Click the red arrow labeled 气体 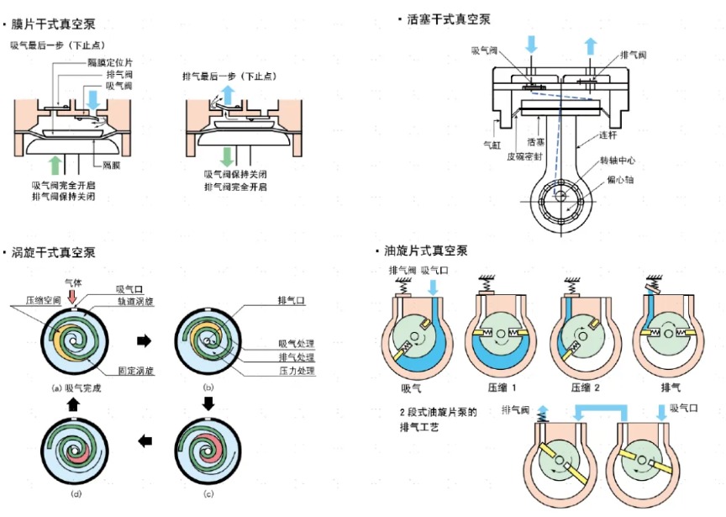pyautogui.click(x=74, y=296)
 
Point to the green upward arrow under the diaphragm pyautogui.click(x=56, y=164)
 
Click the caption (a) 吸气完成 pyautogui.click(x=75, y=387)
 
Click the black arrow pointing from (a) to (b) pyautogui.click(x=144, y=340)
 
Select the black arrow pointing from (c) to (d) pyautogui.click(x=144, y=440)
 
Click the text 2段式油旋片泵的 pyautogui.click(x=438, y=412)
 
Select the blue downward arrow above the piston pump pyautogui.click(x=530, y=45)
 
